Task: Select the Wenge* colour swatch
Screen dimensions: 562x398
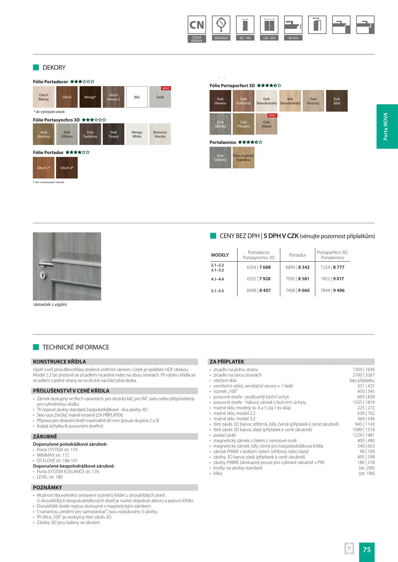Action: [x=90, y=97]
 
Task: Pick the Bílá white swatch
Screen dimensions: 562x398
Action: [x=137, y=97]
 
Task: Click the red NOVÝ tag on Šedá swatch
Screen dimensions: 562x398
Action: [x=166, y=88]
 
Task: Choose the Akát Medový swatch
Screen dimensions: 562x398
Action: [x=44, y=134]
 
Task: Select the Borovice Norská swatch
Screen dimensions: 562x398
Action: [x=160, y=134]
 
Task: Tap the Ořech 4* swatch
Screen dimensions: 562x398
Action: [x=67, y=168]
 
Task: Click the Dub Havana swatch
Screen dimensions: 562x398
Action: [x=220, y=101]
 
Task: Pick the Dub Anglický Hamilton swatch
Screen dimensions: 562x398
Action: [x=243, y=158]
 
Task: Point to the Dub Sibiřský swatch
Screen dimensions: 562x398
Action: [x=220, y=124]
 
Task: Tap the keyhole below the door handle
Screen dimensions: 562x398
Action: [x=43, y=275]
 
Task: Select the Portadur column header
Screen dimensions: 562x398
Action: [x=297, y=255]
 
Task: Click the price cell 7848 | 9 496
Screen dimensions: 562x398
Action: [x=332, y=290]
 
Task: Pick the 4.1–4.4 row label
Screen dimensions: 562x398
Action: [x=217, y=279]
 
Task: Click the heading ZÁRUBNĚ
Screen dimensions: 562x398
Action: [x=45, y=437]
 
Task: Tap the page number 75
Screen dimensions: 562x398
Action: [x=367, y=550]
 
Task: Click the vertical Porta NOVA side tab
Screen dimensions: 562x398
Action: [x=387, y=126]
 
